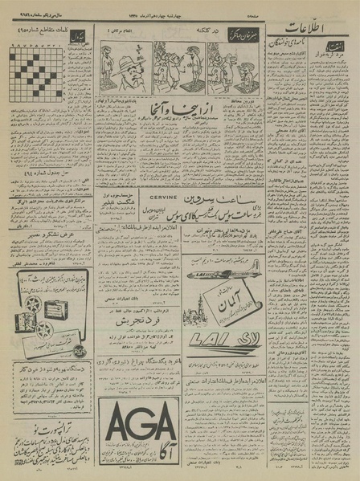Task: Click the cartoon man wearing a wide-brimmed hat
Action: [x=127, y=69]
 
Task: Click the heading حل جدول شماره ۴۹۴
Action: [x=44, y=171]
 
